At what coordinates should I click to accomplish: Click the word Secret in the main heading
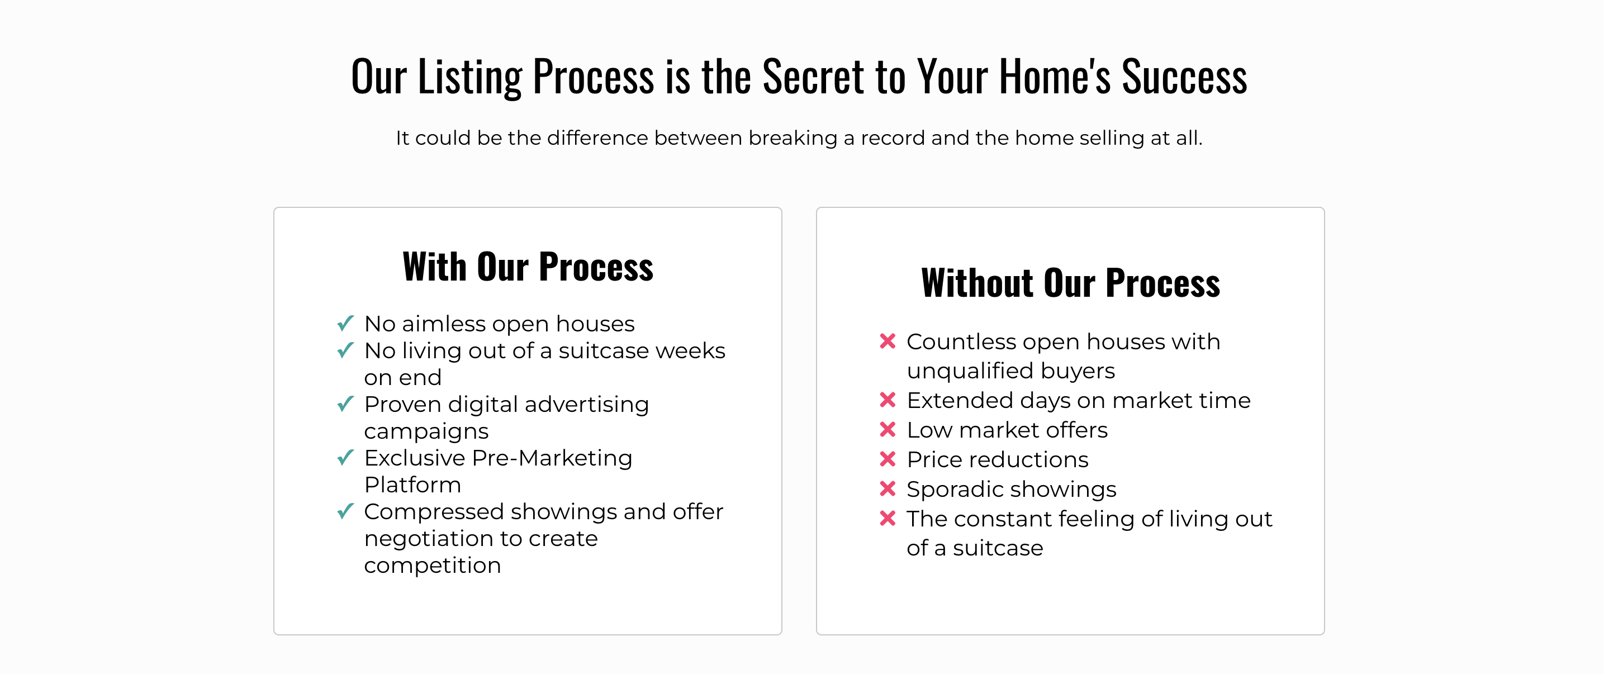(x=813, y=77)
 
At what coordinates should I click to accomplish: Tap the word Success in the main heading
(x=1184, y=77)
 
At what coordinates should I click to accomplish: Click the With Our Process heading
(x=528, y=267)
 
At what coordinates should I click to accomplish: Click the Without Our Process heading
(x=1070, y=283)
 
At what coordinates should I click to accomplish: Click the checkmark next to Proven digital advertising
(x=345, y=404)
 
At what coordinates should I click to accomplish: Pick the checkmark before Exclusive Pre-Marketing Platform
(x=345, y=457)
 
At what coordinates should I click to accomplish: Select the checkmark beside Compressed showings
(x=345, y=511)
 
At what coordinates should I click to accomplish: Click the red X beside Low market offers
(x=888, y=429)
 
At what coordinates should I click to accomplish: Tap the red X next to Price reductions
(x=888, y=459)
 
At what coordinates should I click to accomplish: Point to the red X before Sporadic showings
(x=888, y=488)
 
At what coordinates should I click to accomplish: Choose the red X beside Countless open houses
(x=888, y=341)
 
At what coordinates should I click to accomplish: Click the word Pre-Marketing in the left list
(x=552, y=458)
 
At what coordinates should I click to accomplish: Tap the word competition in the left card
(x=433, y=566)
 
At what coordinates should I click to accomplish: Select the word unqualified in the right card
(x=967, y=371)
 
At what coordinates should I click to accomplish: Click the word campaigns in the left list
(x=426, y=431)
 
